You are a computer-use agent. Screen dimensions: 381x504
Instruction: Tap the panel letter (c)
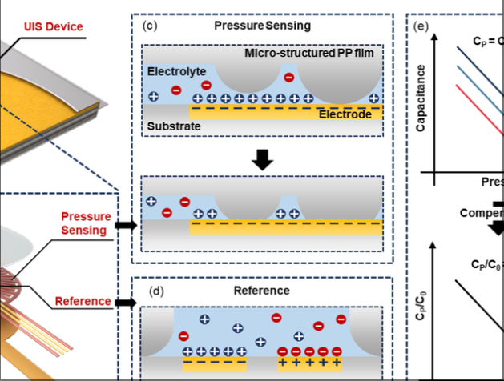[x=148, y=26]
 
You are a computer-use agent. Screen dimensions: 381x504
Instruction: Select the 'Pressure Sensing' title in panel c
[x=262, y=26]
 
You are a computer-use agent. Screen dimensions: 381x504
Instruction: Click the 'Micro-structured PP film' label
[x=311, y=54]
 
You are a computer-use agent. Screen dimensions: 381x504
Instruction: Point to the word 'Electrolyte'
[x=171, y=71]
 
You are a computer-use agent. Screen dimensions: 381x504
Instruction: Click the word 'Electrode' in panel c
[x=345, y=115]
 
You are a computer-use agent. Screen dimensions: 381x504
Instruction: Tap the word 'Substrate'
[x=173, y=126]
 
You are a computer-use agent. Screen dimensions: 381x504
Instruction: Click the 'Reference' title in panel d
[x=262, y=290]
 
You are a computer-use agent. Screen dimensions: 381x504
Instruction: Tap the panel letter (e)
[x=422, y=26]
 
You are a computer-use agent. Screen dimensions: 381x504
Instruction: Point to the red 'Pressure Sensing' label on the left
[x=83, y=223]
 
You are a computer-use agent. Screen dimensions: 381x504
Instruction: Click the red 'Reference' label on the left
[x=83, y=301]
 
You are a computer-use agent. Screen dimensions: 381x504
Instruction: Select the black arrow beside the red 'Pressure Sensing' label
[x=125, y=225]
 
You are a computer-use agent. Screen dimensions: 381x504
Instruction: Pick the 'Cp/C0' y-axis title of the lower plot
[x=421, y=305]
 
